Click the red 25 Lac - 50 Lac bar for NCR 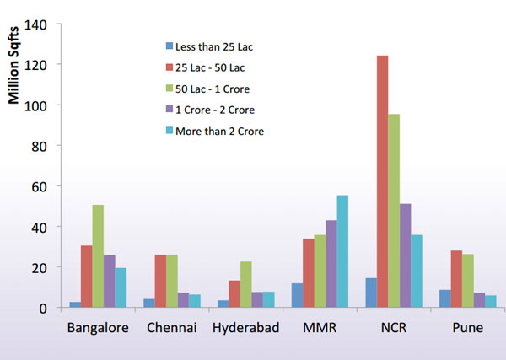[383, 181]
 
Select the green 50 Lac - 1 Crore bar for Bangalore [99, 256]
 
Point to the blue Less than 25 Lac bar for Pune [446, 298]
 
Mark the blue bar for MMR [297, 295]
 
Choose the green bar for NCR [394, 211]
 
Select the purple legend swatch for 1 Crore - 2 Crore [169, 110]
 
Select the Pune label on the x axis [466, 328]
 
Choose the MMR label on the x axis [320, 328]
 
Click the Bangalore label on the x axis [99, 328]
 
